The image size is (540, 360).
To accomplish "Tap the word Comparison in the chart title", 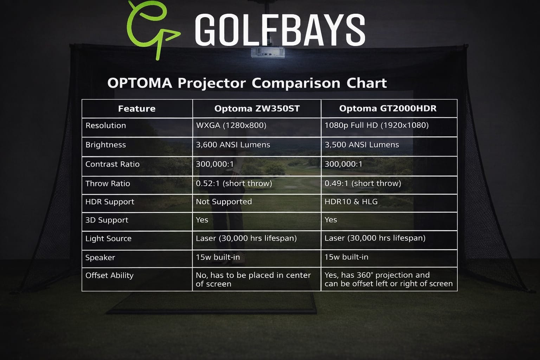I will click(296, 83).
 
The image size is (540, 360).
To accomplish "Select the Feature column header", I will click(137, 109).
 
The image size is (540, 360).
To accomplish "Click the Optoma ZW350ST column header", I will click(257, 108).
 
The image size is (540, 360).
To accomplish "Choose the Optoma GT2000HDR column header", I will click(388, 108).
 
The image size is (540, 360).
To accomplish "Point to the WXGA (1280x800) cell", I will click(231, 126).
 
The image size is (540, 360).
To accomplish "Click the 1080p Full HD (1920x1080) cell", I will click(377, 126).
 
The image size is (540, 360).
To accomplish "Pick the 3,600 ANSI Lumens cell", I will click(233, 145).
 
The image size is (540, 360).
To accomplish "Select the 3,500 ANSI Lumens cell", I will click(362, 145).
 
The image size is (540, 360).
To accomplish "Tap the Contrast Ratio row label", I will click(112, 164).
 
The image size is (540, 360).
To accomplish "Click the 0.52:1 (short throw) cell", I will click(234, 184).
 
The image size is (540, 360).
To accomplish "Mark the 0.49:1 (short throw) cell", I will click(363, 184).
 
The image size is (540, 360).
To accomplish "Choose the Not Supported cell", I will click(224, 202).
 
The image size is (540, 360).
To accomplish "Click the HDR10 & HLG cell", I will click(351, 202).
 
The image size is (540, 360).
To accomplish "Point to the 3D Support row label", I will click(107, 220).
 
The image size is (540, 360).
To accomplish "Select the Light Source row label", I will click(108, 239).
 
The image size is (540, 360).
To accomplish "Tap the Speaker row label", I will click(100, 258).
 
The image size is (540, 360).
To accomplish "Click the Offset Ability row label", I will click(109, 276).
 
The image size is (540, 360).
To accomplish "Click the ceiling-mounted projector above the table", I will click(268, 53).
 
